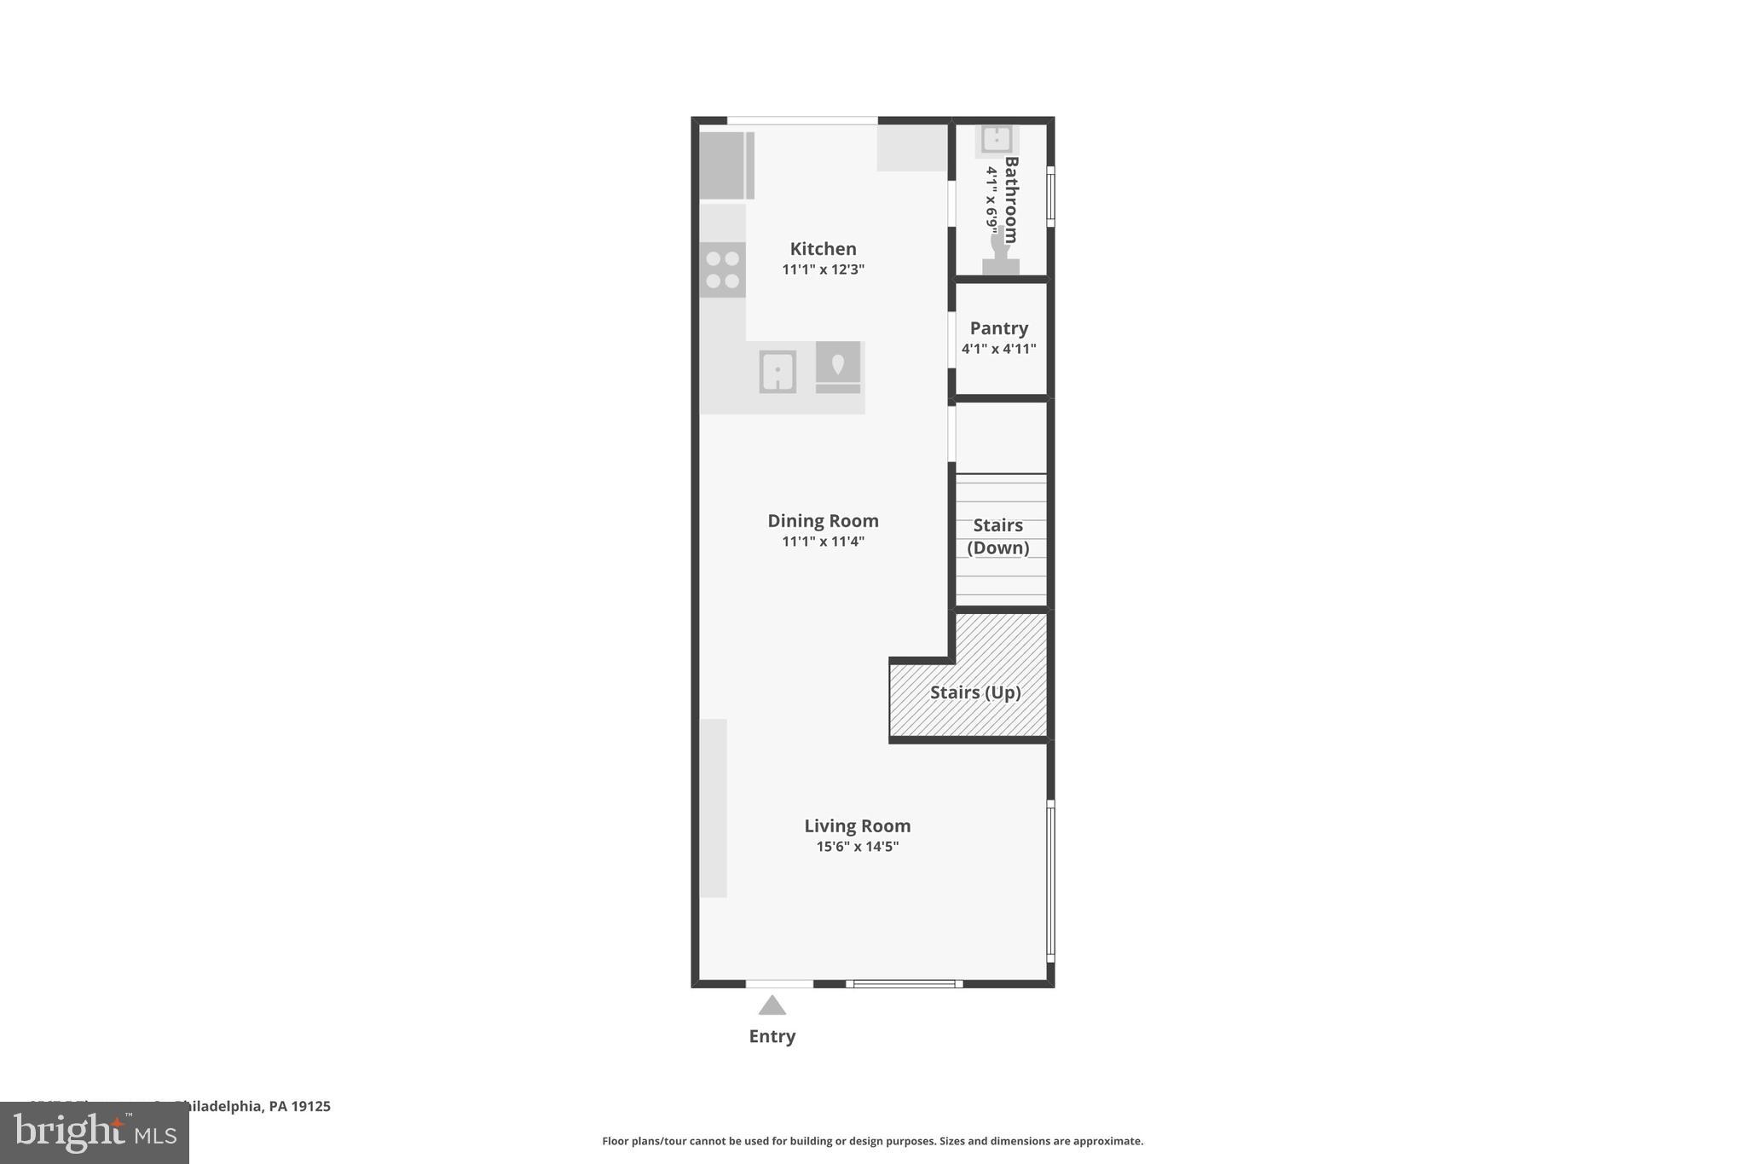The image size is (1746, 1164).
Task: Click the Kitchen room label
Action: tap(823, 249)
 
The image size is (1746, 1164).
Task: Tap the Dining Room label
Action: tap(823, 521)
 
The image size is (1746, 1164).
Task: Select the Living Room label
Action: tap(857, 825)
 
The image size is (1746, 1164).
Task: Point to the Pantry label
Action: tap(998, 328)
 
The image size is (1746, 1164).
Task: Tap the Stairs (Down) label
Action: tap(998, 536)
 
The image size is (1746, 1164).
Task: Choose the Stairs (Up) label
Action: tap(974, 692)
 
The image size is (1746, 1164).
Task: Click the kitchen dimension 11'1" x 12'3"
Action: tap(823, 269)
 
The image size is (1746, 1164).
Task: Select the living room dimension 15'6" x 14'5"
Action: tap(857, 847)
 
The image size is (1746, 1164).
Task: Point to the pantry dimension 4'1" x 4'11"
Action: tap(998, 349)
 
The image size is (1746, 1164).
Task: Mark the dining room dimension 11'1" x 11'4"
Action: tap(823, 541)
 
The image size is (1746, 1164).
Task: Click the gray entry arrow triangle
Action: tap(772, 1006)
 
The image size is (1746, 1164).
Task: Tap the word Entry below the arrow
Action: tap(772, 1036)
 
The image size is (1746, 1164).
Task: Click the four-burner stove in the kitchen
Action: tap(722, 269)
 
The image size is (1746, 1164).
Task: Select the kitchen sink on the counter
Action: tap(778, 372)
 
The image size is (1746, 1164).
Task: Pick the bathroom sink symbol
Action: tap(996, 139)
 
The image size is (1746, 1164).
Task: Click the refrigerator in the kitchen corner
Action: tap(726, 165)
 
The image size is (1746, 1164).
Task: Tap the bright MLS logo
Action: tap(95, 1133)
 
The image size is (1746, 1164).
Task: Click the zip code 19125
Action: tap(310, 1106)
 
